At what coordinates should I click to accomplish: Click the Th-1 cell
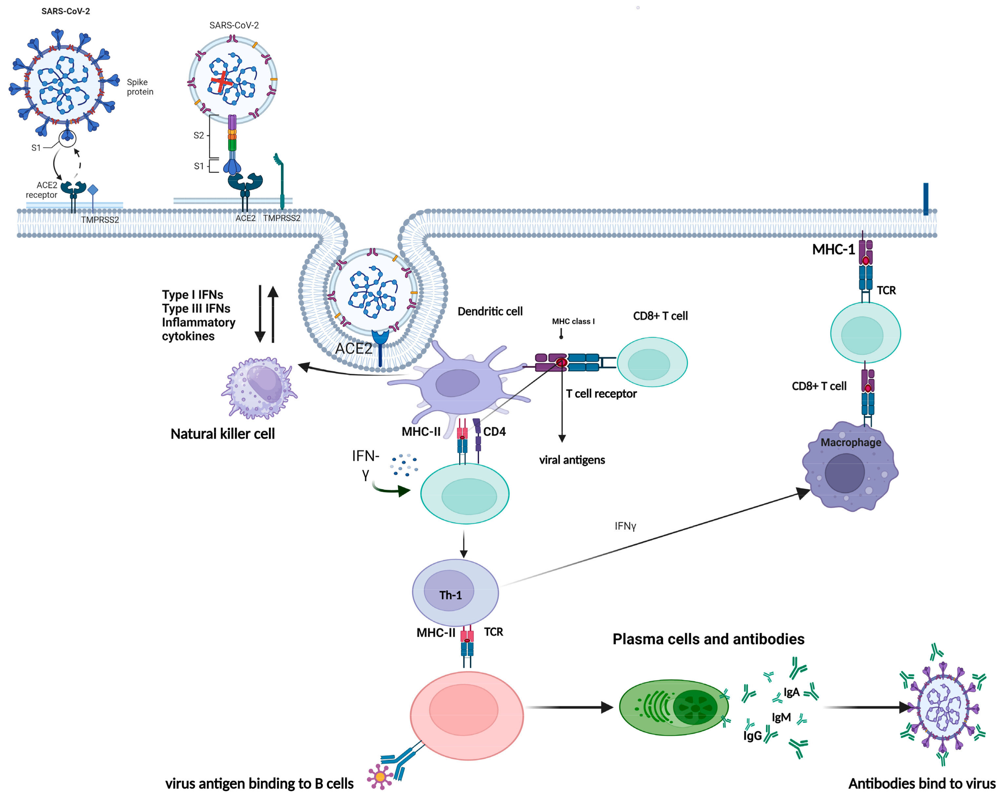click(x=455, y=592)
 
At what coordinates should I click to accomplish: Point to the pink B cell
click(x=467, y=715)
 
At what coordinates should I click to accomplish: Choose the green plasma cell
click(x=674, y=707)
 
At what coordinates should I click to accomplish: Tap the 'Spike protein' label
click(x=140, y=87)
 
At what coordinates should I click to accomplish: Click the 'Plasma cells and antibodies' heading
click(x=708, y=639)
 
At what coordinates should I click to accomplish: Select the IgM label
click(x=781, y=717)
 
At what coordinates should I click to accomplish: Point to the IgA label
click(x=791, y=692)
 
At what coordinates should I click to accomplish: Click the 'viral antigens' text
click(x=572, y=460)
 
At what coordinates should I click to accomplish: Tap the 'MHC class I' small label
click(x=573, y=321)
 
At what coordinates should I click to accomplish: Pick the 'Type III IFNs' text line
click(x=196, y=308)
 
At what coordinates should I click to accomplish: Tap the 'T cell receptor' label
click(x=601, y=393)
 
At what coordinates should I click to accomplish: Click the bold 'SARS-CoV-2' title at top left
click(x=66, y=11)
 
